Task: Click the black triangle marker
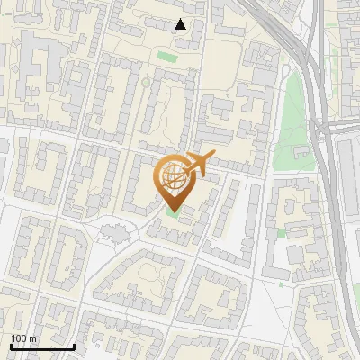181,24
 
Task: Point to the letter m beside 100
33,338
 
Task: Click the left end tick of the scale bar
11,346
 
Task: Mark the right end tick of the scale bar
74,346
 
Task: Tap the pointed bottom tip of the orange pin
172,211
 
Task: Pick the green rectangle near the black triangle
165,57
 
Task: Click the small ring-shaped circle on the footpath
146,83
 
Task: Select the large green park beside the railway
290,126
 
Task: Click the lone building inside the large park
297,144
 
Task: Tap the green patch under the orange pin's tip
172,212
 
